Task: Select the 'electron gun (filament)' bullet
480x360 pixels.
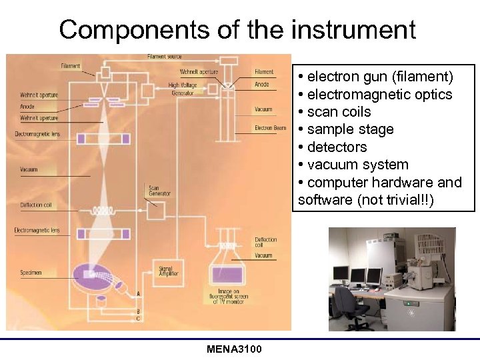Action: coord(376,77)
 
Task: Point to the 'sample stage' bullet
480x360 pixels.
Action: coord(346,129)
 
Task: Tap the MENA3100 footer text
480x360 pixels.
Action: coord(234,350)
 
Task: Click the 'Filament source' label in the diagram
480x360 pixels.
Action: coord(164,57)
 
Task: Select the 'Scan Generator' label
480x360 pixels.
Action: coord(160,191)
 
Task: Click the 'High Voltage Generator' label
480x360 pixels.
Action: coord(183,89)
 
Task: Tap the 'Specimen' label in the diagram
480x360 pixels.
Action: coord(31,272)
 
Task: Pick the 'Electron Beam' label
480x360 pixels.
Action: coord(270,128)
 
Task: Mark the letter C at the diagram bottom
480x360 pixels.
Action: coord(138,319)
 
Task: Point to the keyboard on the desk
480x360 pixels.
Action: coord(371,288)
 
